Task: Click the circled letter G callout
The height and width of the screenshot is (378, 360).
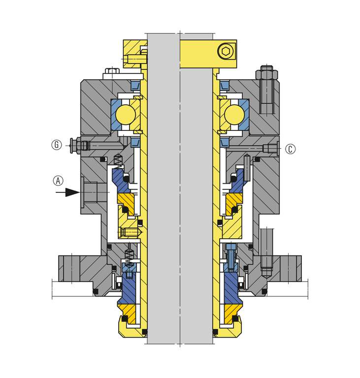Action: pos(57,145)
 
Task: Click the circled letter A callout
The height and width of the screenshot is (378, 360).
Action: pos(58,181)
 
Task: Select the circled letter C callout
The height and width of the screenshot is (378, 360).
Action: pos(290,149)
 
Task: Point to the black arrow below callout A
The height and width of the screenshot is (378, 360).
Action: pos(67,192)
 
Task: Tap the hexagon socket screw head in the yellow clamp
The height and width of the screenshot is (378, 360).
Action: pos(226,51)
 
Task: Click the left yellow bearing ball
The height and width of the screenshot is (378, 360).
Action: pos(126,115)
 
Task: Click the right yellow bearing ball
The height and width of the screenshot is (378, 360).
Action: pos(234,115)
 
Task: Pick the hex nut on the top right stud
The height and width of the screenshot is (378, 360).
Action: pos(266,73)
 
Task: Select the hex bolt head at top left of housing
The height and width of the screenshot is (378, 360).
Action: pos(112,71)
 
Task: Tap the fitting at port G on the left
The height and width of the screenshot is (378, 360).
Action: pos(80,145)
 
